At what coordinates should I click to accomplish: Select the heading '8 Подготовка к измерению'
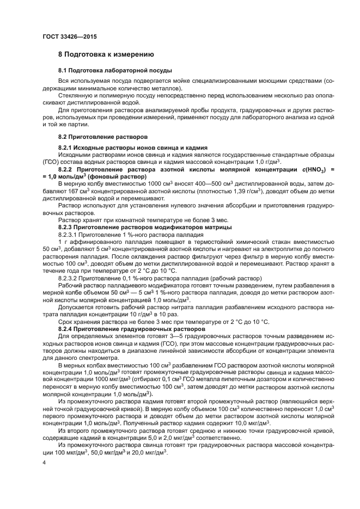coord(106,54)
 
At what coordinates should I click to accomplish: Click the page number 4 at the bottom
coord(44,464)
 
